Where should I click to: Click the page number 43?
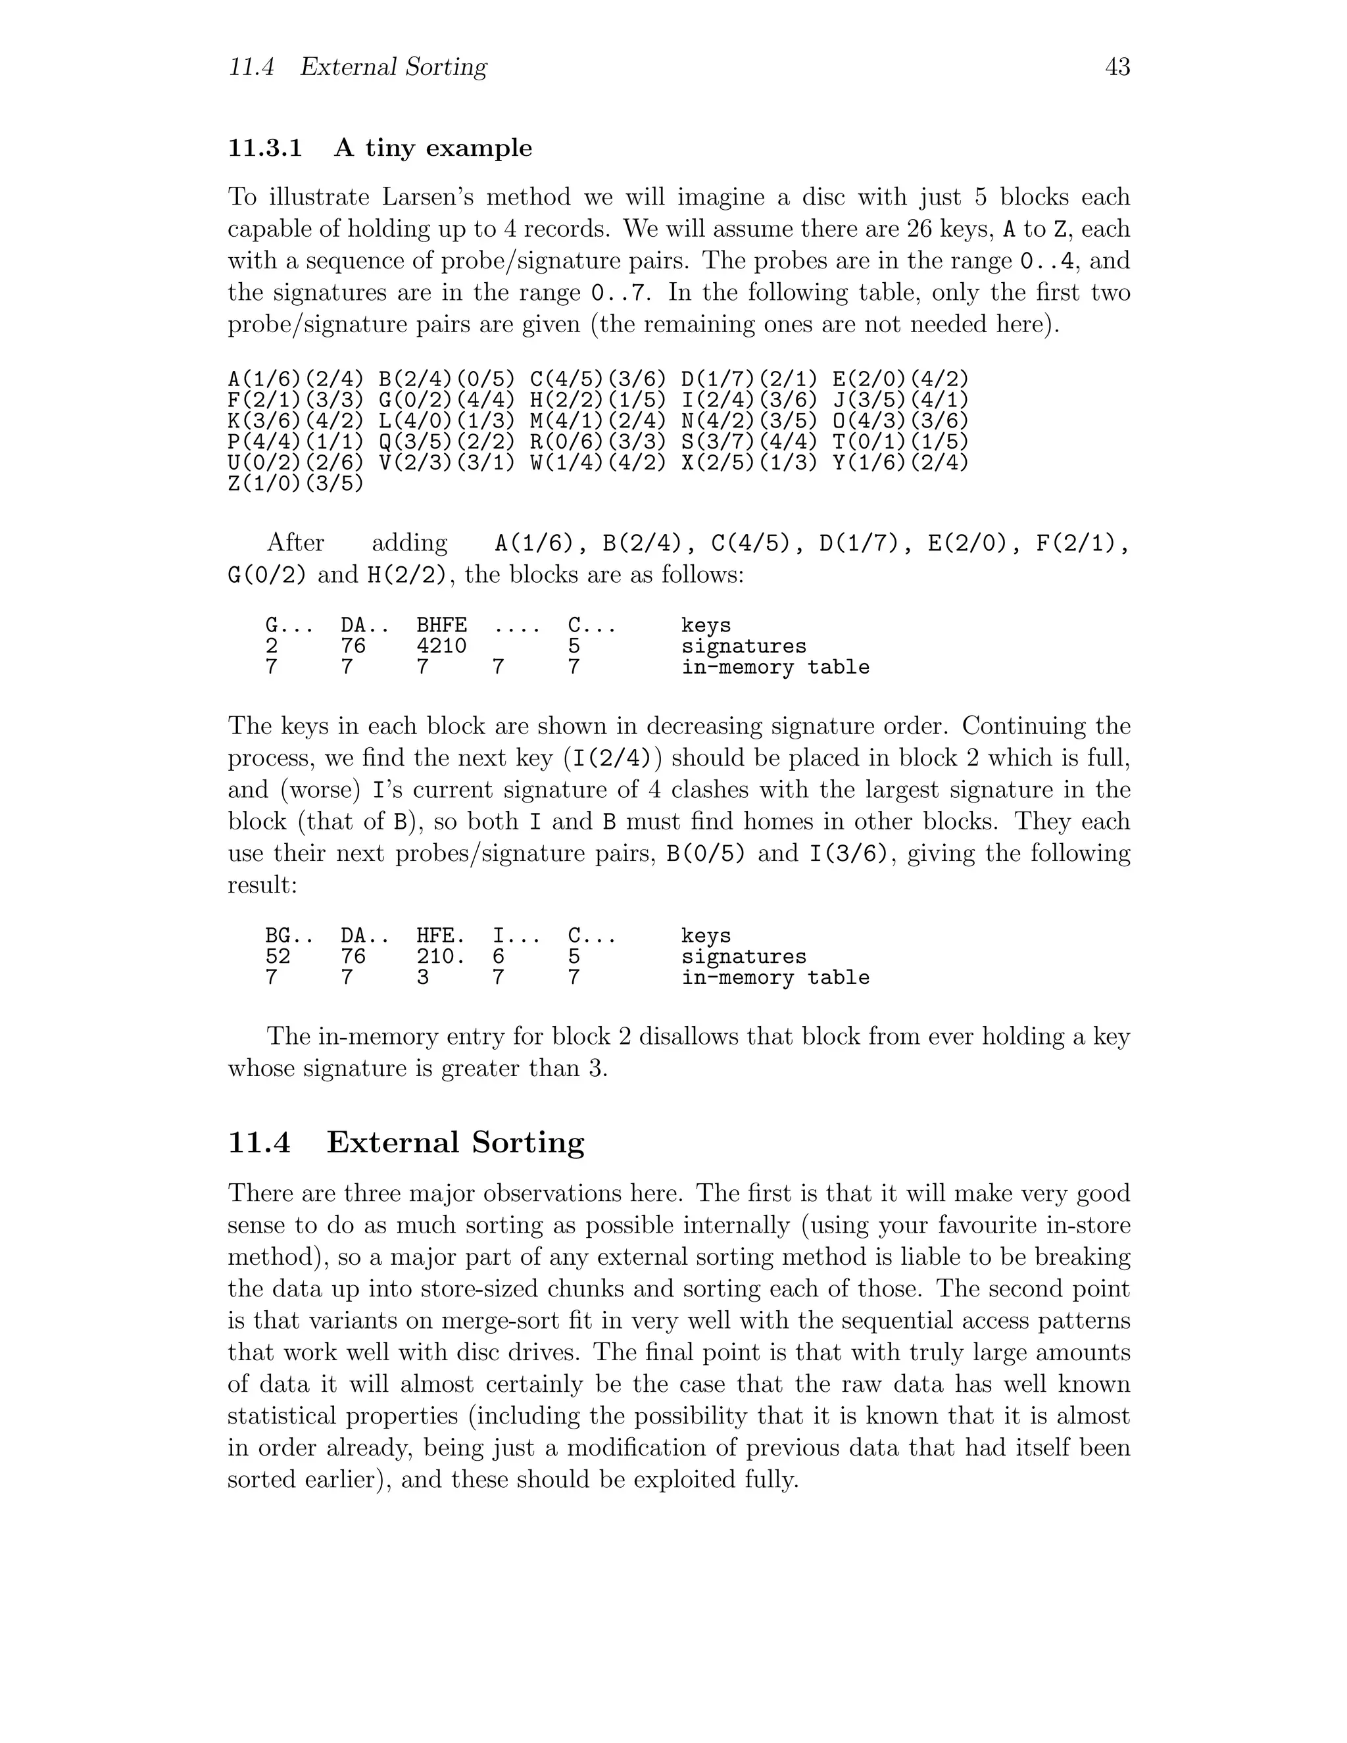tap(1117, 67)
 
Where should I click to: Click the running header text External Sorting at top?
tap(393, 67)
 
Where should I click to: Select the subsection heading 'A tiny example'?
tap(433, 149)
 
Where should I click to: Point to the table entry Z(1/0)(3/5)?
tap(296, 483)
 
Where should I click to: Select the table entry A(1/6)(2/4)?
tap(296, 379)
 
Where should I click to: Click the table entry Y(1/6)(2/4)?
tap(901, 463)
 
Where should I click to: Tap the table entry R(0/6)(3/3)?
tap(599, 442)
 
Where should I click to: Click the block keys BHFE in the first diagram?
tap(441, 626)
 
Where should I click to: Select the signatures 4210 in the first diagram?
tap(441, 647)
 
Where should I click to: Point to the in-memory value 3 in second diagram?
tap(423, 977)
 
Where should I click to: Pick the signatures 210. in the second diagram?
tap(441, 957)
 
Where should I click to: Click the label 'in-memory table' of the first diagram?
tap(775, 667)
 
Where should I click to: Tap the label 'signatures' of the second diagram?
tap(744, 957)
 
